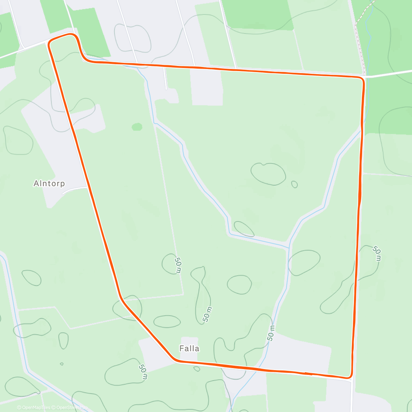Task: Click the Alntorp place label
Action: (49, 183)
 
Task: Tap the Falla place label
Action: (189, 348)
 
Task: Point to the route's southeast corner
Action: (350, 377)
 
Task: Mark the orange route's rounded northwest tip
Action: (50, 42)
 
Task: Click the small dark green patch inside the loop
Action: (137, 127)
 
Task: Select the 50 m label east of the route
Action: (377, 253)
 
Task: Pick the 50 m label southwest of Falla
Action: (143, 372)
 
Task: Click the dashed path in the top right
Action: (364, 14)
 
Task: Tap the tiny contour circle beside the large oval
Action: (294, 184)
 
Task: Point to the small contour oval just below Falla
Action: (197, 369)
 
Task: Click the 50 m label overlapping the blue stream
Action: (271, 332)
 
